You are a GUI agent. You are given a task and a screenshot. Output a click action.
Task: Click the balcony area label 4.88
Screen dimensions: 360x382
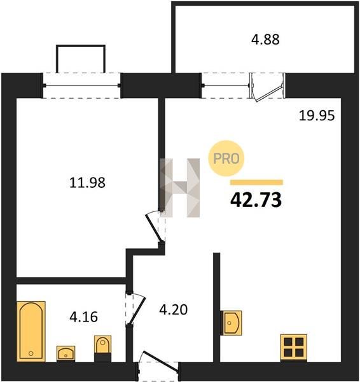pyautogui.click(x=265, y=39)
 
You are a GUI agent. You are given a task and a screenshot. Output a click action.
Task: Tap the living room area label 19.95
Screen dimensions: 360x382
pyautogui.click(x=317, y=115)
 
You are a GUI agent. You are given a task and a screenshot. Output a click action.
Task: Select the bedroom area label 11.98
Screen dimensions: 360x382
pyautogui.click(x=87, y=183)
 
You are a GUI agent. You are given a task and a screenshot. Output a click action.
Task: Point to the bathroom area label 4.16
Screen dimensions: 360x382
pyautogui.click(x=83, y=317)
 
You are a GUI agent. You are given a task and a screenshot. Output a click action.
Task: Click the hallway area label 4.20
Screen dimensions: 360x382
pyautogui.click(x=173, y=310)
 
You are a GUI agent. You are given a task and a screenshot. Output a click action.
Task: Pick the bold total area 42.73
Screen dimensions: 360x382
pyautogui.click(x=256, y=200)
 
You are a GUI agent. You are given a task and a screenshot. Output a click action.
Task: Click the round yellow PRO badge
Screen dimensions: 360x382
pyautogui.click(x=226, y=159)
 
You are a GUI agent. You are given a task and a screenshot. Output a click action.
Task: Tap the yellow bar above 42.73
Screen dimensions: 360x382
pyautogui.click(x=256, y=182)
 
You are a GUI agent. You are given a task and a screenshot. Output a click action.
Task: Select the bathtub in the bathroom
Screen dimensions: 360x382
pyautogui.click(x=31, y=331)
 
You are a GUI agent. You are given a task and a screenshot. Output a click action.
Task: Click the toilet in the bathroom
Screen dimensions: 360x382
pyautogui.click(x=102, y=349)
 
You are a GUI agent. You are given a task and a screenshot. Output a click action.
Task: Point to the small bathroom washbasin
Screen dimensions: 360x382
pyautogui.click(x=66, y=353)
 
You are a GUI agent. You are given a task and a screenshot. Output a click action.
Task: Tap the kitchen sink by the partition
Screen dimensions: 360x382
pyautogui.click(x=231, y=323)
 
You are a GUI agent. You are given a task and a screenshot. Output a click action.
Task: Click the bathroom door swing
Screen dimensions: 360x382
pyautogui.click(x=135, y=308)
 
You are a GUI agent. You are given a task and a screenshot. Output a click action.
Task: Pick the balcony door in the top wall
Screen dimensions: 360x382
pyautogui.click(x=267, y=87)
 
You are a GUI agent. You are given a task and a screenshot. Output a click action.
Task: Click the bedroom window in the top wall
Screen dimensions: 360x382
pyautogui.click(x=82, y=85)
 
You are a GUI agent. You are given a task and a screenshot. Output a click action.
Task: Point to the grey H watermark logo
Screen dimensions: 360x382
pyautogui.click(x=180, y=188)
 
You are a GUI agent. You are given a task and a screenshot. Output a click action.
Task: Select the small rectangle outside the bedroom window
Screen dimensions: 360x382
pyautogui.click(x=81, y=59)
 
